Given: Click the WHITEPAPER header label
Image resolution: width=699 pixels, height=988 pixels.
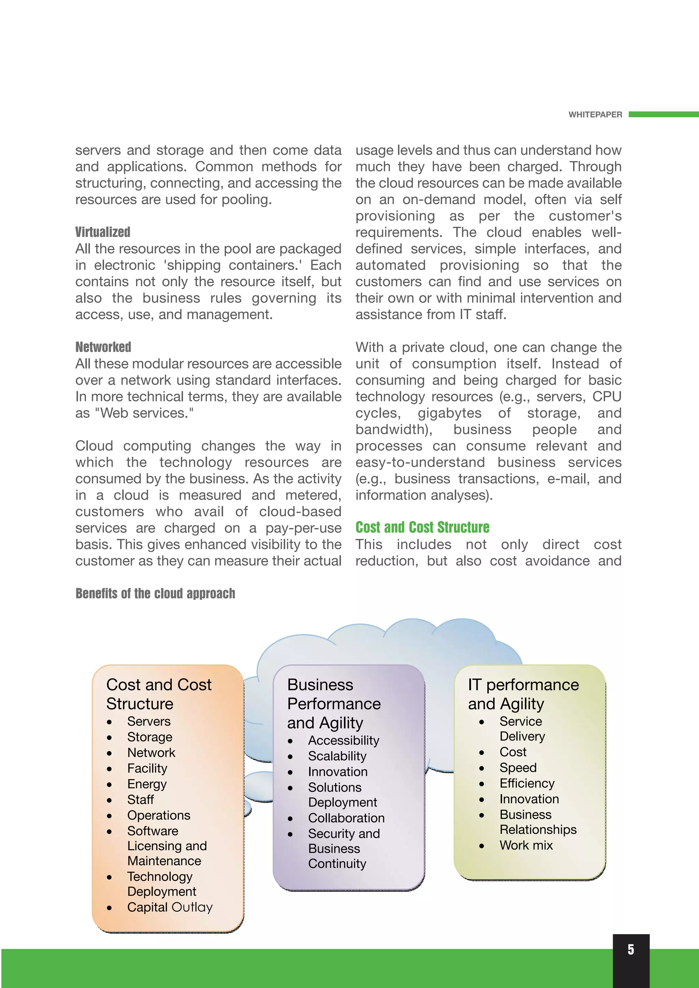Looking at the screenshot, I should pyautogui.click(x=595, y=115).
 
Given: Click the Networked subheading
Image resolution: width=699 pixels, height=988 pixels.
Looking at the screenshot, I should pyautogui.click(x=103, y=347).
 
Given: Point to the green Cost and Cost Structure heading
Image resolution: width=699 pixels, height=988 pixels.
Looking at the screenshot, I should pyautogui.click(x=422, y=527).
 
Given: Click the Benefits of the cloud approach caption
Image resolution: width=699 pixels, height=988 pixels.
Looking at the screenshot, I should pyautogui.click(x=155, y=594).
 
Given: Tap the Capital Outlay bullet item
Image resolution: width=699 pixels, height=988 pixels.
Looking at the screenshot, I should pyautogui.click(x=170, y=907).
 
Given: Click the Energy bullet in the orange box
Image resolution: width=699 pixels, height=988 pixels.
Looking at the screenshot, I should pyautogui.click(x=147, y=784).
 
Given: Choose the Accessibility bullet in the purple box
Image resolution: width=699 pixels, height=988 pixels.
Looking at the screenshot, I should pyautogui.click(x=343, y=740).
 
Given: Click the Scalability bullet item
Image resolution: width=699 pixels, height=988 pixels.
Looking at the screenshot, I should pyautogui.click(x=337, y=756).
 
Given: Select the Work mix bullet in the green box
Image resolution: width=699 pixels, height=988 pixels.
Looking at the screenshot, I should pyautogui.click(x=526, y=845).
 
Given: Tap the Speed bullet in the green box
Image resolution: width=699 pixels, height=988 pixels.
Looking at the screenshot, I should pyautogui.click(x=518, y=768).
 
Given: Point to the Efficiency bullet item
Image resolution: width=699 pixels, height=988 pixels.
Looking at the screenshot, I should pyautogui.click(x=527, y=783).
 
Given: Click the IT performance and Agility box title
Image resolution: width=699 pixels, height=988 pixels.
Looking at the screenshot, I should pyautogui.click(x=523, y=694).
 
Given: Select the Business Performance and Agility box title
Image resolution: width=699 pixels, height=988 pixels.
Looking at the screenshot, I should pyautogui.click(x=334, y=704).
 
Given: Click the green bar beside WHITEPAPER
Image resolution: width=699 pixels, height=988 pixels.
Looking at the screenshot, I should pyautogui.click(x=663, y=115).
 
